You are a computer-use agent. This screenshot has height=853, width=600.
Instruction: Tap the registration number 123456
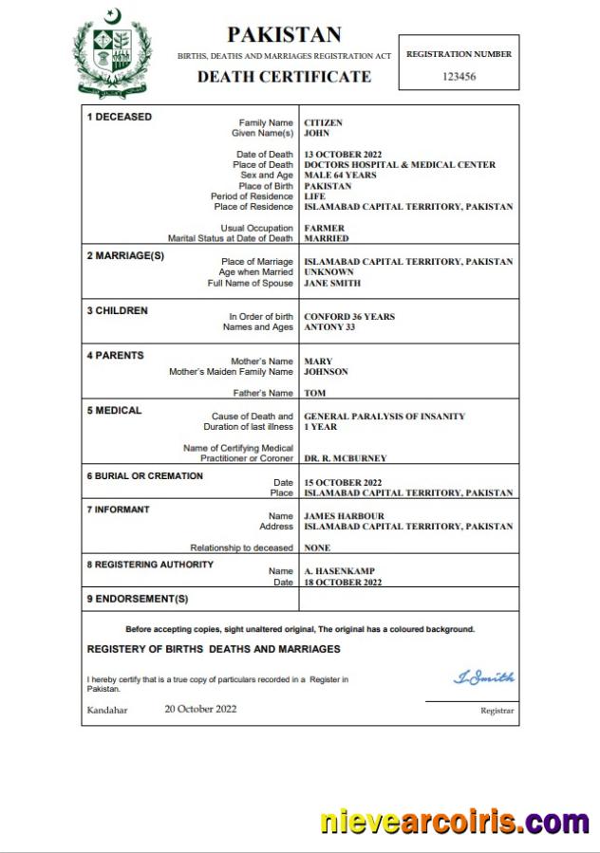click(x=459, y=76)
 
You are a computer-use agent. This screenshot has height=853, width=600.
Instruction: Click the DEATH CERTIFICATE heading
click(x=284, y=77)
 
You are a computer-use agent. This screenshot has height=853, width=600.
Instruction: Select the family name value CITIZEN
click(x=323, y=123)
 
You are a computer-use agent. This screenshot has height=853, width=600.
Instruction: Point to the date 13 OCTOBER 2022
click(x=342, y=155)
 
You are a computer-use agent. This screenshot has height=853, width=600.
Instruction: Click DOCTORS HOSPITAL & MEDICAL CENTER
click(x=399, y=165)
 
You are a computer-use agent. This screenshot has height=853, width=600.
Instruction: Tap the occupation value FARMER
click(x=324, y=229)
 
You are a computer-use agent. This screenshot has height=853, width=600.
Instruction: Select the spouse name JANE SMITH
click(x=331, y=283)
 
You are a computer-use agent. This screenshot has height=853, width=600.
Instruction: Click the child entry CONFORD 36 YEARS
click(x=348, y=317)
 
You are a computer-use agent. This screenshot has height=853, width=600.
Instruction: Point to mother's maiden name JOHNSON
click(x=326, y=372)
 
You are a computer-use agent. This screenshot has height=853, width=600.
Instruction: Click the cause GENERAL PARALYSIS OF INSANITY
click(x=384, y=417)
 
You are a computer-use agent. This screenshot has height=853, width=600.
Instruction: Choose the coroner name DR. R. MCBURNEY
click(x=345, y=458)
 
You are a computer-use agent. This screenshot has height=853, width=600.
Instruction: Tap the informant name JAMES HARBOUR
click(x=343, y=516)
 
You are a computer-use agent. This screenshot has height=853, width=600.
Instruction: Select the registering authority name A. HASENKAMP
click(x=339, y=571)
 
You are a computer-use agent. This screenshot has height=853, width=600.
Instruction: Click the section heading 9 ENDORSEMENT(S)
click(x=138, y=599)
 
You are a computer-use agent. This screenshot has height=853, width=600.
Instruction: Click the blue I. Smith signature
click(x=483, y=677)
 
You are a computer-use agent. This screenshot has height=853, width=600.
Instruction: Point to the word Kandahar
click(x=106, y=710)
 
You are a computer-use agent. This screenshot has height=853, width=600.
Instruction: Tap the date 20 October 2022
click(x=200, y=709)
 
